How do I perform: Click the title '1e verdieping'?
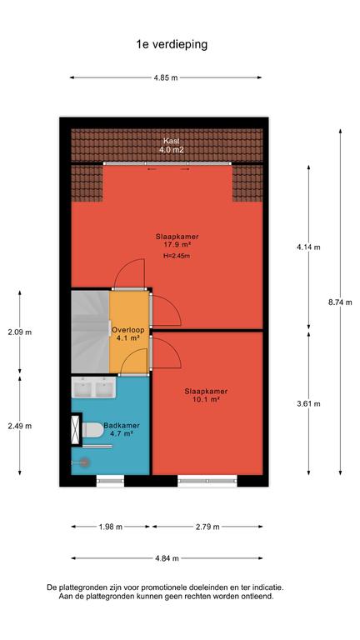[172, 44]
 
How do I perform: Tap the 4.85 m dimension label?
[166, 78]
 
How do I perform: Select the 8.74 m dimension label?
[340, 302]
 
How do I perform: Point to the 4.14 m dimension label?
[308, 247]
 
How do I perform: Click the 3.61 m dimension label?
[308, 403]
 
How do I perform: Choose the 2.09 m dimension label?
[20, 332]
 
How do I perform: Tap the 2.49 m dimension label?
[20, 426]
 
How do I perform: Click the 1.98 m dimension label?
[110, 527]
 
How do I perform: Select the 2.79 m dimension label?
[207, 527]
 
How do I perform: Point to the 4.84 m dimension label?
[167, 558]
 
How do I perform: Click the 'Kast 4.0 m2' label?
[172, 145]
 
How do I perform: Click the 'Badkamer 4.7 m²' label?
[119, 430]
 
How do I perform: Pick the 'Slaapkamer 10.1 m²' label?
[206, 396]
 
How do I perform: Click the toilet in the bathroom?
[93, 429]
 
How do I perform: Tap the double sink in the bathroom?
[93, 387]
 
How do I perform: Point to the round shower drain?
[84, 462]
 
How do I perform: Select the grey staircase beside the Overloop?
[90, 332]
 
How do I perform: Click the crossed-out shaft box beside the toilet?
[76, 429]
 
